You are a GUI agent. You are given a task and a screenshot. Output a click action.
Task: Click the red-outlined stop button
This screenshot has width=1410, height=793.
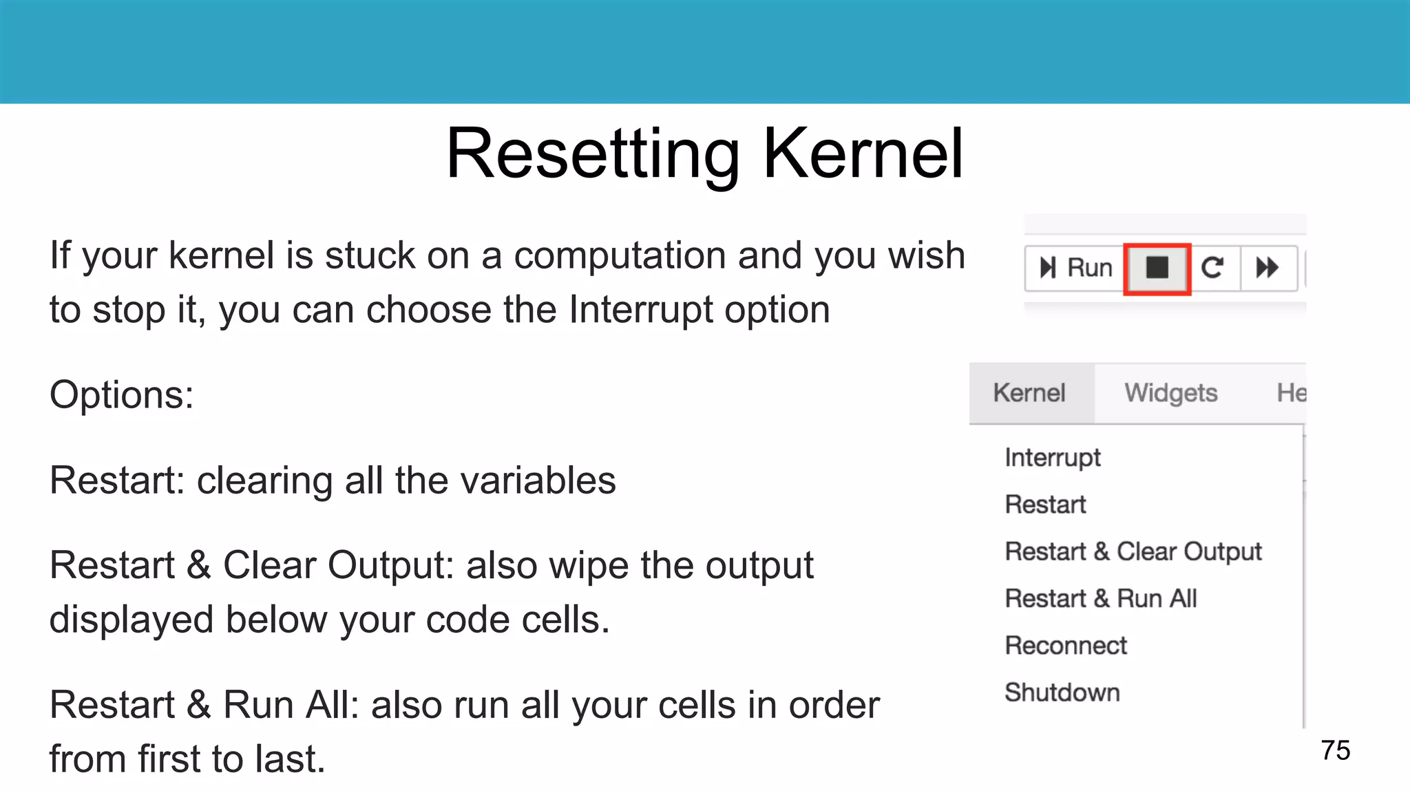(1157, 268)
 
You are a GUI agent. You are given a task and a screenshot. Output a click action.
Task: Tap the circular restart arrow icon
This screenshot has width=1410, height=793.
(1212, 268)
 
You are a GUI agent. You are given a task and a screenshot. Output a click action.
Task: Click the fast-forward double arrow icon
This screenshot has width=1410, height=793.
(1267, 268)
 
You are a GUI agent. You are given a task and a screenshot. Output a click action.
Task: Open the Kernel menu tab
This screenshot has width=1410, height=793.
(1029, 393)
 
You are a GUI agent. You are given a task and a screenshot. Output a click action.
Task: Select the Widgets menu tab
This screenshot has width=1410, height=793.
(1170, 393)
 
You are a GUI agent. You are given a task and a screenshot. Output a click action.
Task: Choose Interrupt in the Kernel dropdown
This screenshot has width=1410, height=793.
(1053, 458)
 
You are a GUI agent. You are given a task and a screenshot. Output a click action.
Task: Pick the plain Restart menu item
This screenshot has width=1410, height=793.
(1045, 505)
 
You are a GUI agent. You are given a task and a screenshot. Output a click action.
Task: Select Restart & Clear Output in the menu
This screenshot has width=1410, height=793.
(1133, 551)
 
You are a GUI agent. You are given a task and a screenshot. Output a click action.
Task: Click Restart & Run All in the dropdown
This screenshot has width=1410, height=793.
(1101, 599)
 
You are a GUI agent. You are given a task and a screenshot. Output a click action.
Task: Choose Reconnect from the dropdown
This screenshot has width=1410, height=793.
(1066, 646)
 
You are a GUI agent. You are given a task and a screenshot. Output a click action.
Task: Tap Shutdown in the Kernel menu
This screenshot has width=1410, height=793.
(1062, 692)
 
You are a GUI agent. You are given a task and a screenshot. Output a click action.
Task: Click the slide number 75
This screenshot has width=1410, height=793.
(1336, 750)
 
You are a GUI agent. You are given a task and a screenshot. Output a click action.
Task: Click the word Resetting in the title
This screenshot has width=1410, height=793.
(593, 154)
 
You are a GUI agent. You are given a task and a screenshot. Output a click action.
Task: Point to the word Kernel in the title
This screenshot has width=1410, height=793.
(863, 154)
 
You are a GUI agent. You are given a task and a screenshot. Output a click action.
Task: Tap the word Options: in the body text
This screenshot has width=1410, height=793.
(122, 395)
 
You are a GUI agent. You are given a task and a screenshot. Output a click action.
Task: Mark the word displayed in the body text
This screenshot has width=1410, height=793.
(131, 620)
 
